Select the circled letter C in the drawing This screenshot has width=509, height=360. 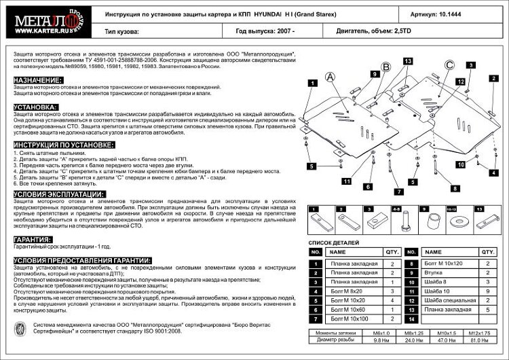(449, 66)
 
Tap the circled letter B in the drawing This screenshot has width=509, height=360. (385, 67)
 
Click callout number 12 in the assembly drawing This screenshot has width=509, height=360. (461, 82)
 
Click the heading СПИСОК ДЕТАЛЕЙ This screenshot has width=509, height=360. (335, 242)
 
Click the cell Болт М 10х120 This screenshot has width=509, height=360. (445, 263)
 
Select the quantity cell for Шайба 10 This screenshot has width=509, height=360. (487, 291)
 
